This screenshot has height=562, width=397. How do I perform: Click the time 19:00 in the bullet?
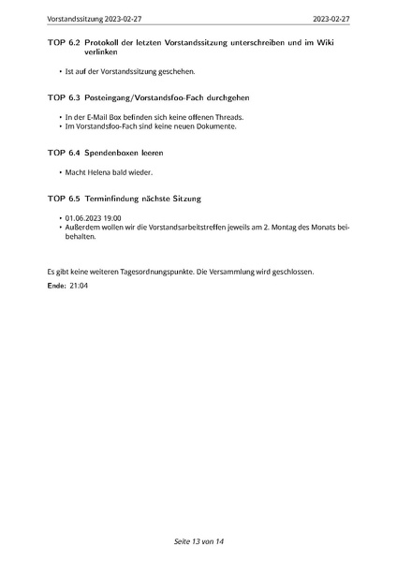point(114,217)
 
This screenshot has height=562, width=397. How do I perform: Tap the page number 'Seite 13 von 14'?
point(198,541)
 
